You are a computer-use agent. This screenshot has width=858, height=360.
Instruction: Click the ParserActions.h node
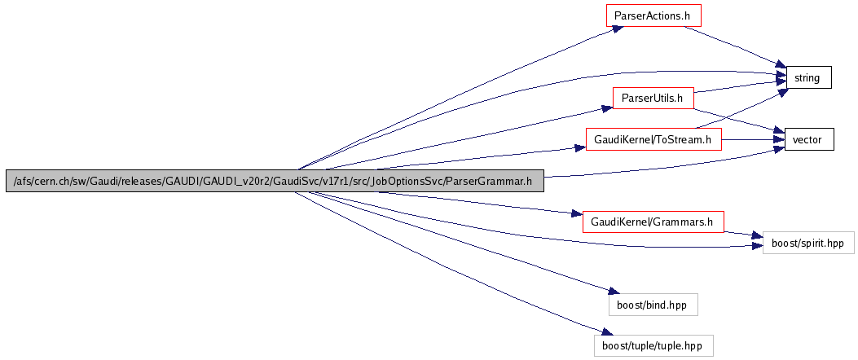(653, 15)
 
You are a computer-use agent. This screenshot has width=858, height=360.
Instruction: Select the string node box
(807, 77)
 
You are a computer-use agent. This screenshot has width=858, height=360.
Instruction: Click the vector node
(807, 140)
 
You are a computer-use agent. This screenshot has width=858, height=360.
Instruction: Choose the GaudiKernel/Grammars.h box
(653, 222)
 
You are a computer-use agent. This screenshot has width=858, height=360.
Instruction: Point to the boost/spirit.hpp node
(807, 243)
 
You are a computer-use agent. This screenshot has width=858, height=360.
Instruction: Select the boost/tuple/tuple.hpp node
(653, 345)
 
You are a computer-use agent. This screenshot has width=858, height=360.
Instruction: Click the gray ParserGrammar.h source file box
(274, 181)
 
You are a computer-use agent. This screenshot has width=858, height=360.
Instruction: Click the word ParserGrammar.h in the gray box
(487, 181)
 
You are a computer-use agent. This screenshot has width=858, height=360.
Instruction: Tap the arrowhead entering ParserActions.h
(617, 28)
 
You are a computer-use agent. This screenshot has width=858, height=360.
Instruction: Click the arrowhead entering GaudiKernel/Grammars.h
(578, 214)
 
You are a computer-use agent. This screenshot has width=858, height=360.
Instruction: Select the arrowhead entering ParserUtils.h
(606, 106)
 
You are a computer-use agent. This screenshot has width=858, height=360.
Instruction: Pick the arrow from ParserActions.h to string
(734, 46)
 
